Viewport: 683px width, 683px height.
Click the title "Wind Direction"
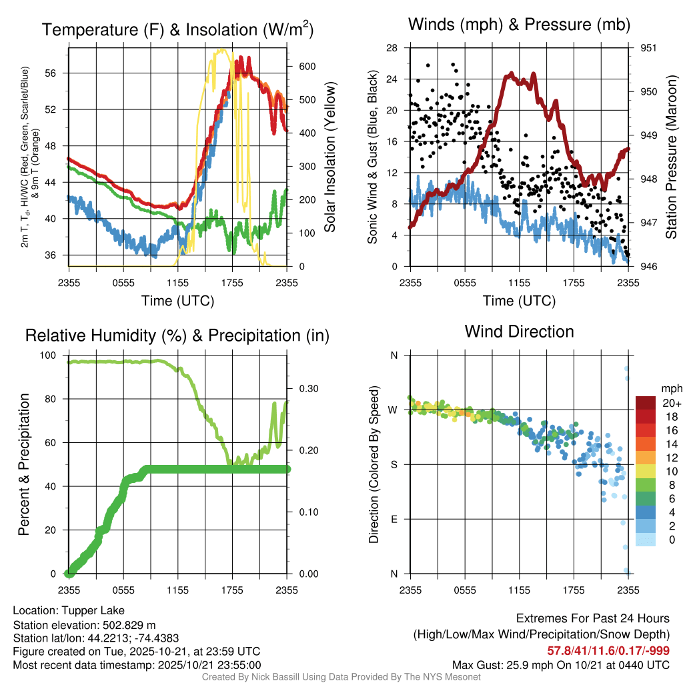[x=519, y=331]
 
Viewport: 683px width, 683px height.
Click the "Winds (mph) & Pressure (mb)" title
[x=519, y=25]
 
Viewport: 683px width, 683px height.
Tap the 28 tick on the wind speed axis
[x=392, y=48]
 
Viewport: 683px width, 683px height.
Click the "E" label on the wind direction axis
[x=394, y=519]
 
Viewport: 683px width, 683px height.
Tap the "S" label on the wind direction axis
[x=394, y=464]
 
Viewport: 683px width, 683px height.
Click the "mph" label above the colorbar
[x=670, y=388]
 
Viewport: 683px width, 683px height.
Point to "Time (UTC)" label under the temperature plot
[x=177, y=301]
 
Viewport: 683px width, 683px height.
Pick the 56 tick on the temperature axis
[x=58, y=73]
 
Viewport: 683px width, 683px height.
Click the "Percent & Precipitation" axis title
[x=23, y=464]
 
